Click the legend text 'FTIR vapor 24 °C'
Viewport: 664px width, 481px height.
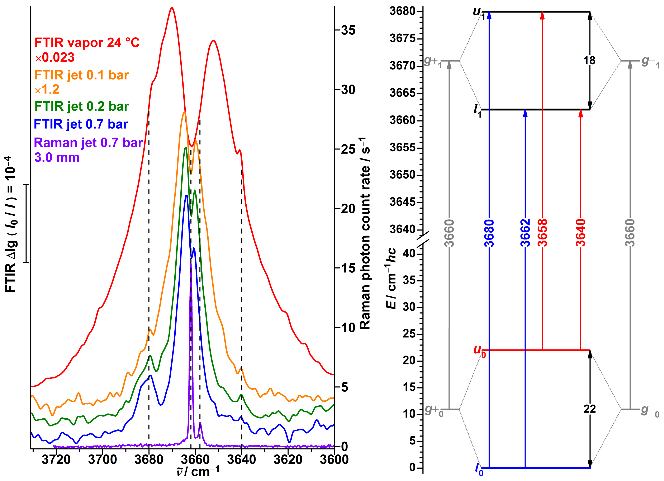tap(87, 43)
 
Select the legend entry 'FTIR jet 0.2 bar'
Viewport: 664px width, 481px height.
tap(82, 106)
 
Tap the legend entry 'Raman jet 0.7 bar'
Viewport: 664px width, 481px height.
tap(88, 143)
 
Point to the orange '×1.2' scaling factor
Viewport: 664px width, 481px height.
tap(47, 89)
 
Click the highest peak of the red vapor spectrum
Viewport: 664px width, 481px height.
tap(172, 8)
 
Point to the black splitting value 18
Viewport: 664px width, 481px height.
tap(589, 61)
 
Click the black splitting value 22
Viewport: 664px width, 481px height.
tap(589, 409)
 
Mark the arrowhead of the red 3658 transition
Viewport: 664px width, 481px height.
tap(542, 15)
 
